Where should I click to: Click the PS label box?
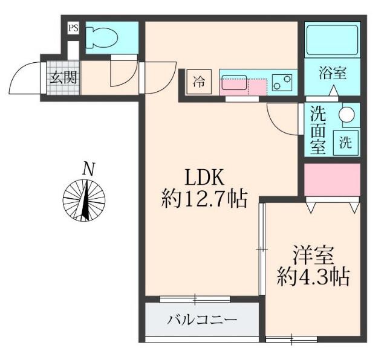click(73, 28)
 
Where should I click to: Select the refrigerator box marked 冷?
click(199, 82)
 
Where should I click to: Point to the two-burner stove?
click(281, 82)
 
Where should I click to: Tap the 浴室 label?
click(332, 74)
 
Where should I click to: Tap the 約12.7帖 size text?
click(204, 199)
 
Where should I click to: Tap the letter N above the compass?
click(88, 169)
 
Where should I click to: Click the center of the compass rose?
click(85, 199)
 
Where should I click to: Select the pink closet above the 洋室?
click(331, 179)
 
